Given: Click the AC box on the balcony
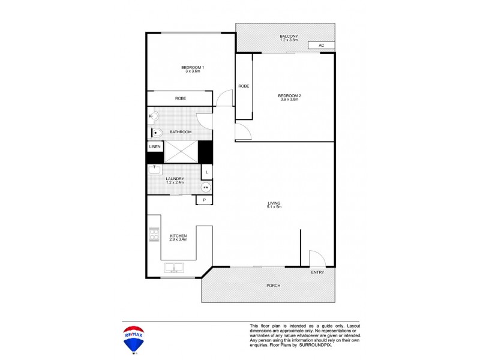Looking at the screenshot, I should point(321,45).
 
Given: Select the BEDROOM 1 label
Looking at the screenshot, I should point(193,67).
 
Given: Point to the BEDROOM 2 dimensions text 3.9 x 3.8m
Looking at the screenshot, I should point(289,100).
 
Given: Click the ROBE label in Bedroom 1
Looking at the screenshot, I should point(180,98).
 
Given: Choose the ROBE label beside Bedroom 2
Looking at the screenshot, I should point(243,86).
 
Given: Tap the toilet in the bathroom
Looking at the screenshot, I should point(155,133).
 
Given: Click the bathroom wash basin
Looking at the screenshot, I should point(153,116).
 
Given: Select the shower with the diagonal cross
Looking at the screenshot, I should point(182,151).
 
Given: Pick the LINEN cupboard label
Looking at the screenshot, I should point(154,146).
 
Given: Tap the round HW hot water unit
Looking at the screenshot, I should point(206,187).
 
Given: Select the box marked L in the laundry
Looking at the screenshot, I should point(206,172).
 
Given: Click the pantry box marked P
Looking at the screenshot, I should point(204,200).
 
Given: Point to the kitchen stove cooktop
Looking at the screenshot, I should point(154,235).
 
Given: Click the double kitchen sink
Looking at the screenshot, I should point(174,268).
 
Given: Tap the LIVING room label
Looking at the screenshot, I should point(274,203).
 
